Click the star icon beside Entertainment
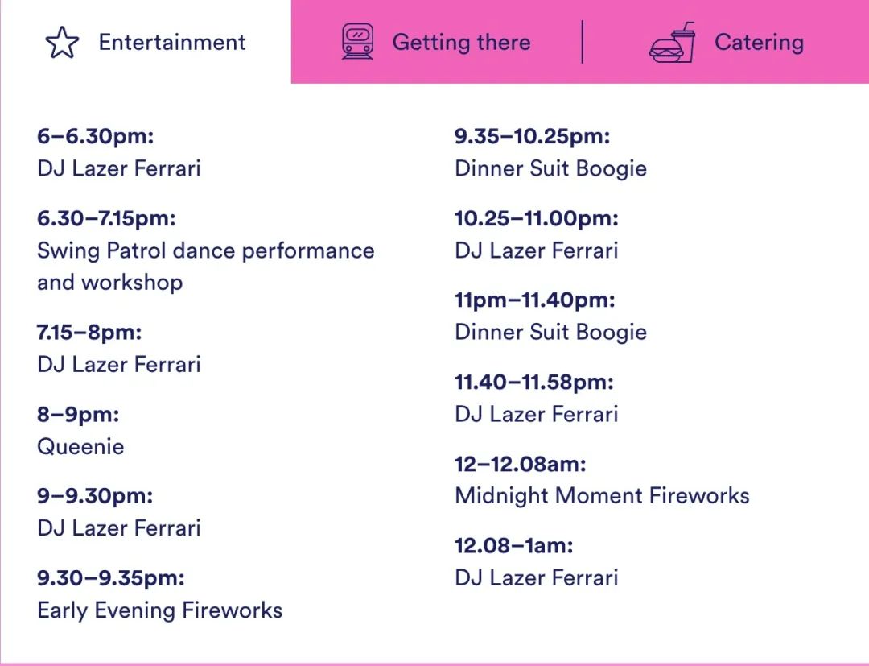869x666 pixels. pyautogui.click(x=62, y=43)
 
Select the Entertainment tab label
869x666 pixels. pyautogui.click(x=172, y=42)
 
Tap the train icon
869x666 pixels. pyautogui.click(x=357, y=42)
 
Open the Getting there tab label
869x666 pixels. pyautogui.click(x=462, y=42)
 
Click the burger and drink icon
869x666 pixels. pyautogui.click(x=672, y=42)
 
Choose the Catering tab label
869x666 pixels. pyautogui.click(x=760, y=42)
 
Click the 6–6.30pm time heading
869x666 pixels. pyautogui.click(x=95, y=136)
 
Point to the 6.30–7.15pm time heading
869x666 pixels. pyautogui.click(x=106, y=218)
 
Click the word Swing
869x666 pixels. pyautogui.click(x=68, y=250)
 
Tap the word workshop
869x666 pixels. pyautogui.click(x=132, y=283)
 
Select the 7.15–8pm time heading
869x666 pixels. pyautogui.click(x=89, y=332)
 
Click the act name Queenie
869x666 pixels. pyautogui.click(x=80, y=446)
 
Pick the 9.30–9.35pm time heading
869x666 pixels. pyautogui.click(x=111, y=578)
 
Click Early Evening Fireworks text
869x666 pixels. pyautogui.click(x=159, y=610)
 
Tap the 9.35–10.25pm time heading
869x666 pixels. pyautogui.click(x=532, y=136)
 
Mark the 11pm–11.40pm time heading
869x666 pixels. pyautogui.click(x=535, y=300)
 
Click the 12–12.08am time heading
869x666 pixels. pyautogui.click(x=521, y=464)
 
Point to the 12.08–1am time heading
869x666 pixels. pyautogui.click(x=513, y=546)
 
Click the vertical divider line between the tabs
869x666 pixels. pyautogui.click(x=582, y=42)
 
